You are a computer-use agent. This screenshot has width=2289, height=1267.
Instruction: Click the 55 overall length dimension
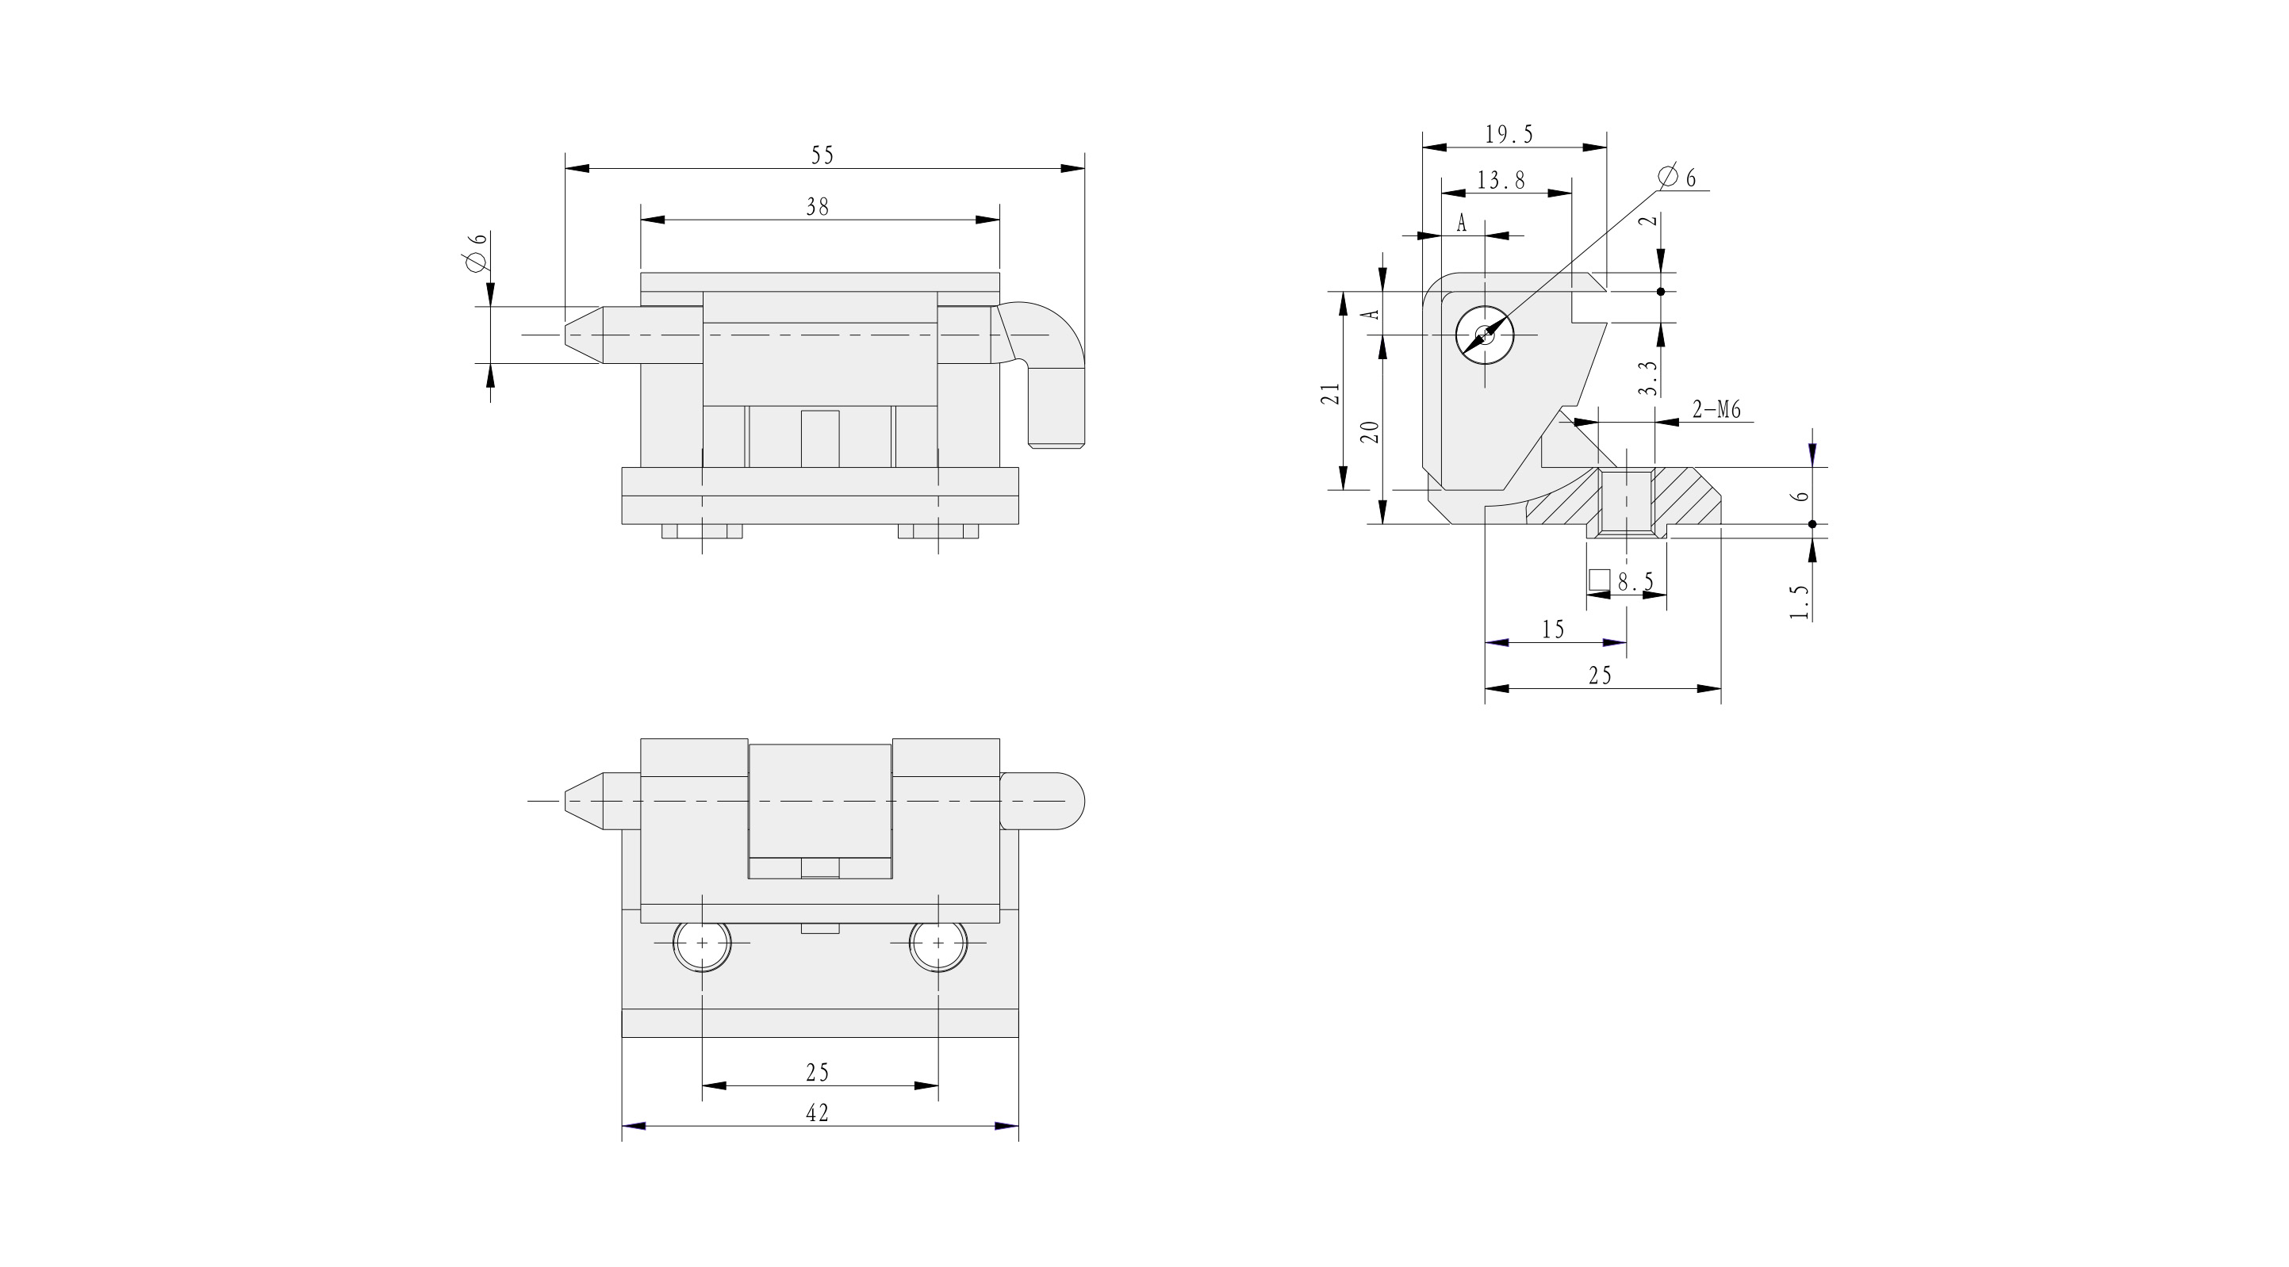822,155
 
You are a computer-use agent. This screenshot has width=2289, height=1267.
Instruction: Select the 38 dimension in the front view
817,207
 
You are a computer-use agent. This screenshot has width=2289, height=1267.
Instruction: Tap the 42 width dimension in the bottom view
817,1112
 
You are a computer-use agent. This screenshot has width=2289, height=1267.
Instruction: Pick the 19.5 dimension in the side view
1509,134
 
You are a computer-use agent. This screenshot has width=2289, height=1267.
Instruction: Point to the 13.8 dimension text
1501,180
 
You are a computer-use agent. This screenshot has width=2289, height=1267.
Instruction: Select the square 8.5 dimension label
1623,582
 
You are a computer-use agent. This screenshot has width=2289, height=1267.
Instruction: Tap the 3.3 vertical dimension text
1647,377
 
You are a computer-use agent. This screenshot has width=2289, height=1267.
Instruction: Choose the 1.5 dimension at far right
1800,602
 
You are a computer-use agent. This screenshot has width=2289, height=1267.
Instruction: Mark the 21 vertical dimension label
1329,393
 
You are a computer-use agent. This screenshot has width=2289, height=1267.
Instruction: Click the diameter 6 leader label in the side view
1677,177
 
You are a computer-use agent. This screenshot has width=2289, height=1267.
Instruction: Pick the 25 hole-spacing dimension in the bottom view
818,1073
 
